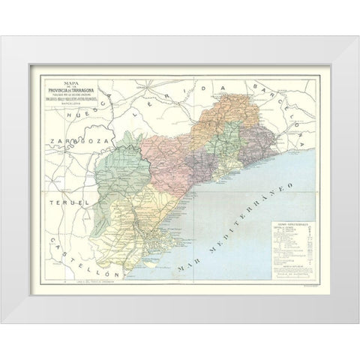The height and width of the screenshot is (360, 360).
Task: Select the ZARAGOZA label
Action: [x=70, y=140]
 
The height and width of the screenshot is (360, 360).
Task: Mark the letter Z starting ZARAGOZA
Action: [x=46, y=141]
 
